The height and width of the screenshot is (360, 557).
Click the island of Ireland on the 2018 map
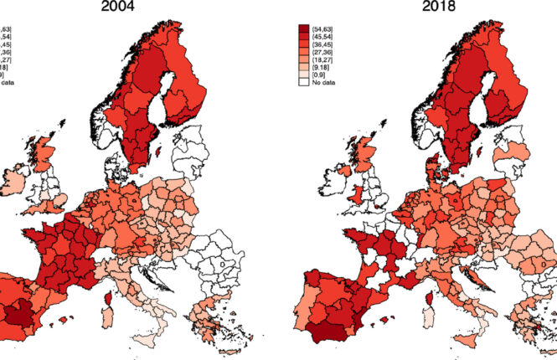pyautogui.click(x=333, y=178)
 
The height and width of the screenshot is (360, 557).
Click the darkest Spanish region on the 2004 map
pyautogui.click(x=18, y=316)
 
